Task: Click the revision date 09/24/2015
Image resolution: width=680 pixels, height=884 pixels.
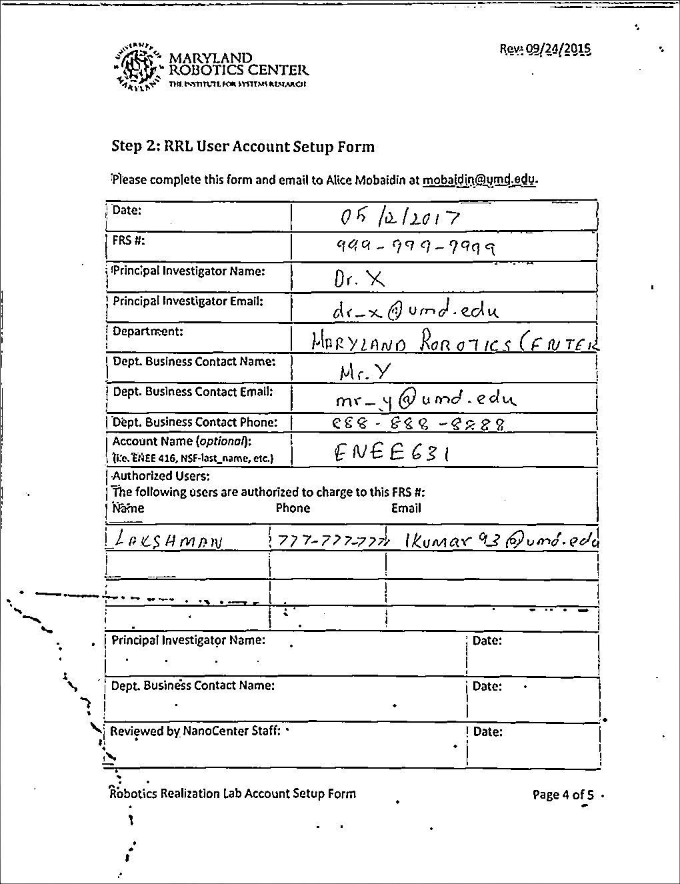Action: tap(545, 49)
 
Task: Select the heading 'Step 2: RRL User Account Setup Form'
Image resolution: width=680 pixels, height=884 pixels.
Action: tap(243, 147)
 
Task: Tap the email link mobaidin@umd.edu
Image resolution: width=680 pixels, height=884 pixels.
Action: tap(479, 179)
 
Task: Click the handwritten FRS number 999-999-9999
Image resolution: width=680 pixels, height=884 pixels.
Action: tap(415, 247)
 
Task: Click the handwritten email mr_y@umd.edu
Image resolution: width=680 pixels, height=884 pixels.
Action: tap(425, 399)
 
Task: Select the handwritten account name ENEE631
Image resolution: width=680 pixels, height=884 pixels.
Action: tap(391, 453)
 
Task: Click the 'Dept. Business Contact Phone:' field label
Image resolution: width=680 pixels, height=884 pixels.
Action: tap(195, 422)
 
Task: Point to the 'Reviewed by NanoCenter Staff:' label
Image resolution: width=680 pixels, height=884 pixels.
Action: tap(195, 731)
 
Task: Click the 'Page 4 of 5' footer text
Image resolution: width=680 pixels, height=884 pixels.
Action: tap(563, 794)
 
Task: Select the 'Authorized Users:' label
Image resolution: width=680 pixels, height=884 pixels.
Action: tap(161, 476)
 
